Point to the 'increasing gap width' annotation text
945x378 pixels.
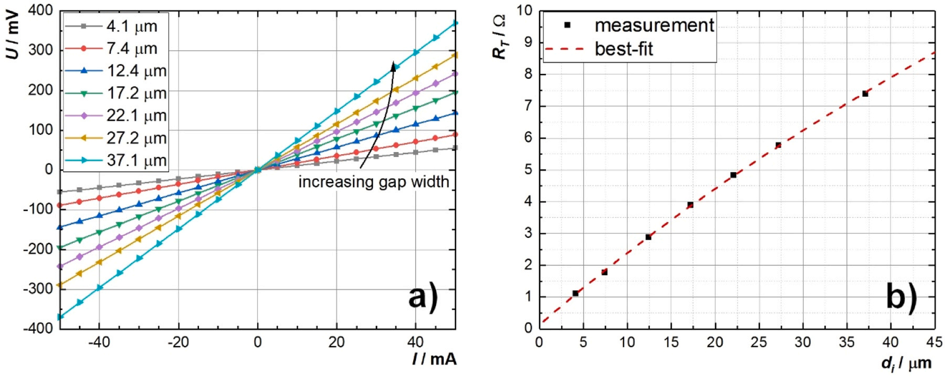pos(374,182)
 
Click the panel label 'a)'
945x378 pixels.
pos(422,298)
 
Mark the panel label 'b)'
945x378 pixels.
pos(901,297)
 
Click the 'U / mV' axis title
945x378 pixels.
pos(15,37)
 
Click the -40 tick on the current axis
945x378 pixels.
pos(99,342)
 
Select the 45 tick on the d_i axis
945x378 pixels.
pos(934,342)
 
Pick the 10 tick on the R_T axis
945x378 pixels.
pos(524,10)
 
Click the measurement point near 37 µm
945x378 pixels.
pos(865,94)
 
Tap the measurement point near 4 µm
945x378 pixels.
pos(575,294)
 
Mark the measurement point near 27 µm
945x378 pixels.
pos(778,145)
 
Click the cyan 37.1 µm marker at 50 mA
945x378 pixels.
pos(455,23)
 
